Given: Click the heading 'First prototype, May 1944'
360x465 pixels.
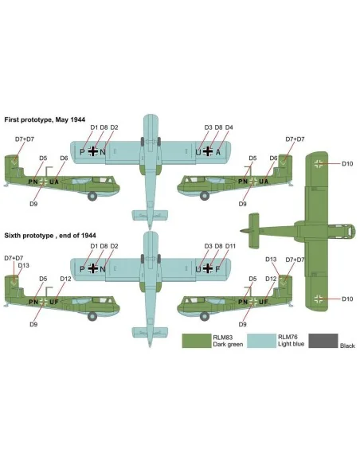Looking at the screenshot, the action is point(45,119).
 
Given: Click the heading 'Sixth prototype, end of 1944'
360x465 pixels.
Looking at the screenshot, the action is point(50,236).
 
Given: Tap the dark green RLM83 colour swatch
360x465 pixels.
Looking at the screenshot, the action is point(197,341).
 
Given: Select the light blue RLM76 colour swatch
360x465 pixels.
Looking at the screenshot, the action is point(262,341).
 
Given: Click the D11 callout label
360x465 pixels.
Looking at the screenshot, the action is point(230,246).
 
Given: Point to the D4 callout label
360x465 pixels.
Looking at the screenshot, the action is point(229,127).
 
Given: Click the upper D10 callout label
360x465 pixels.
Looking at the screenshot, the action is point(347,164).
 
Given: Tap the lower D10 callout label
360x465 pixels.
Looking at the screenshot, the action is point(347,299).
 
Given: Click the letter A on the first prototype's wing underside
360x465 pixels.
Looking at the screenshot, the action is point(218,152).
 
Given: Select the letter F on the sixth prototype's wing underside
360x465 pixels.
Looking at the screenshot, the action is point(217,269).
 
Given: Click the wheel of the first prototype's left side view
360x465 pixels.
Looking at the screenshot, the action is point(92,196).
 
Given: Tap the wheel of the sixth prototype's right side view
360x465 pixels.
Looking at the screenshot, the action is point(205,316).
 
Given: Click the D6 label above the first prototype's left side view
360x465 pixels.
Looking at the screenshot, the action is point(64,158).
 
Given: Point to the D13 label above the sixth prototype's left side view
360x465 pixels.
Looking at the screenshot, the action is point(24,265).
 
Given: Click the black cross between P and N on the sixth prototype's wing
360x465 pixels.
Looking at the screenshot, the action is point(93,268).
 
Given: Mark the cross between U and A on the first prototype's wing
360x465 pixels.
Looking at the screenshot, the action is point(208,151).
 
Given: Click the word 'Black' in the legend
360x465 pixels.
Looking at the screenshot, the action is point(347,346).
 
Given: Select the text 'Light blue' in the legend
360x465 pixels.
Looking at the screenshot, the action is point(292,344).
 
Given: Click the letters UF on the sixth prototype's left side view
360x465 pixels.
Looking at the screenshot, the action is point(54,302).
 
